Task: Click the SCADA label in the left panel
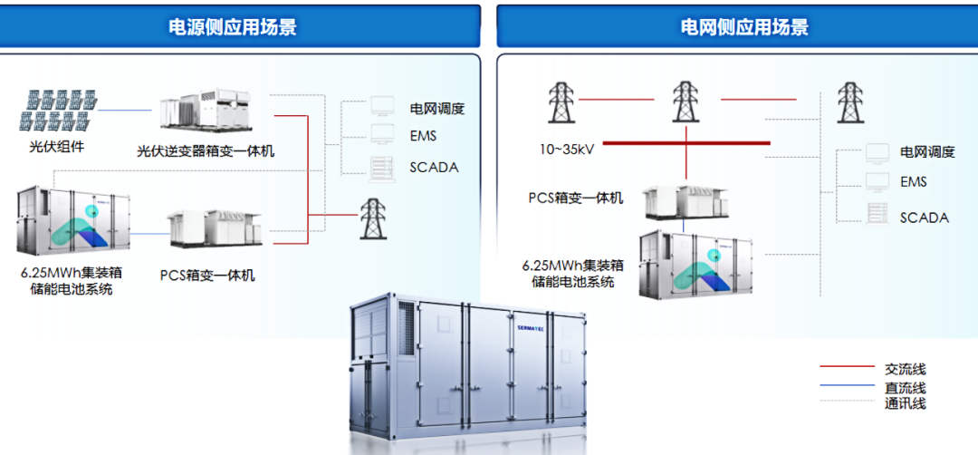pyautogui.click(x=434, y=167)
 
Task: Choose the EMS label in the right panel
pyautogui.click(x=913, y=182)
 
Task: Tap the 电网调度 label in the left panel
pyautogui.click(x=436, y=109)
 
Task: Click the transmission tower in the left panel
pyautogui.click(x=371, y=218)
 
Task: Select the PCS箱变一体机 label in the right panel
pyautogui.click(x=576, y=198)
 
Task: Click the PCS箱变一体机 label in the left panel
pyautogui.click(x=207, y=275)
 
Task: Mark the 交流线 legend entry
pyautogui.click(x=906, y=369)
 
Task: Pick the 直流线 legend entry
pyautogui.click(x=906, y=388)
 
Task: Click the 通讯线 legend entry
pyautogui.click(x=906, y=403)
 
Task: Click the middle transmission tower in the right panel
pyautogui.click(x=685, y=101)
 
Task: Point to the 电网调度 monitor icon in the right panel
pyautogui.click(x=877, y=151)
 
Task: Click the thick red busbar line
pyautogui.click(x=686, y=142)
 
